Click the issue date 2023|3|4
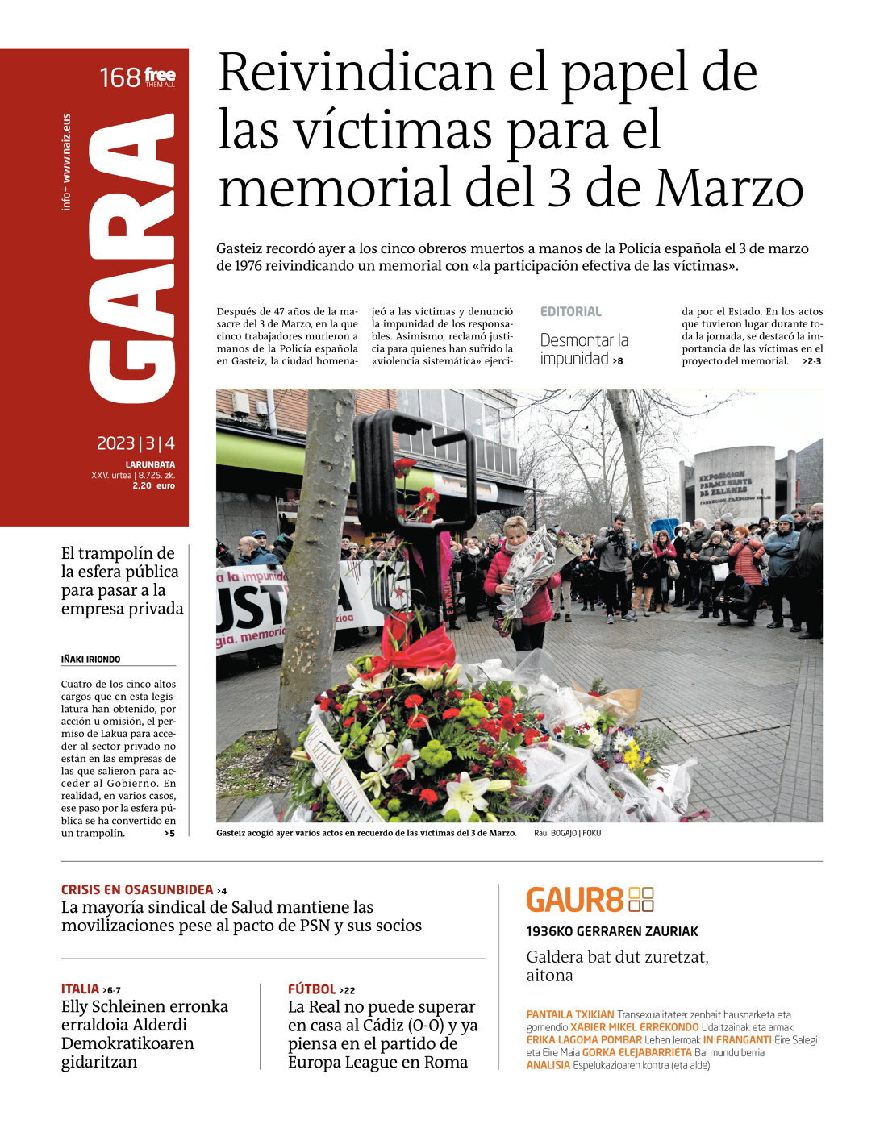[x=136, y=443]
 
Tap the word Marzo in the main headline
[x=729, y=188]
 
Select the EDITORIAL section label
[x=570, y=311]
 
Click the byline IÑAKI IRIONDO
[x=90, y=660]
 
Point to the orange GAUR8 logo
[x=590, y=899]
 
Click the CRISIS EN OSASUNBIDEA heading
[x=137, y=889]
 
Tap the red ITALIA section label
[x=80, y=989]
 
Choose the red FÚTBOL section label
[x=312, y=989]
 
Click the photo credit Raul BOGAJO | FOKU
[x=567, y=833]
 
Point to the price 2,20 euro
[x=153, y=485]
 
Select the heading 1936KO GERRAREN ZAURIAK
[x=612, y=931]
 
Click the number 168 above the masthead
[x=120, y=78]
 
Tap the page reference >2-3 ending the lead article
[x=811, y=361]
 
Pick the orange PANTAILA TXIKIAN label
[x=570, y=1014]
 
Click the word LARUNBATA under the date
[x=150, y=464]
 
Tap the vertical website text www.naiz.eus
[x=67, y=148]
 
